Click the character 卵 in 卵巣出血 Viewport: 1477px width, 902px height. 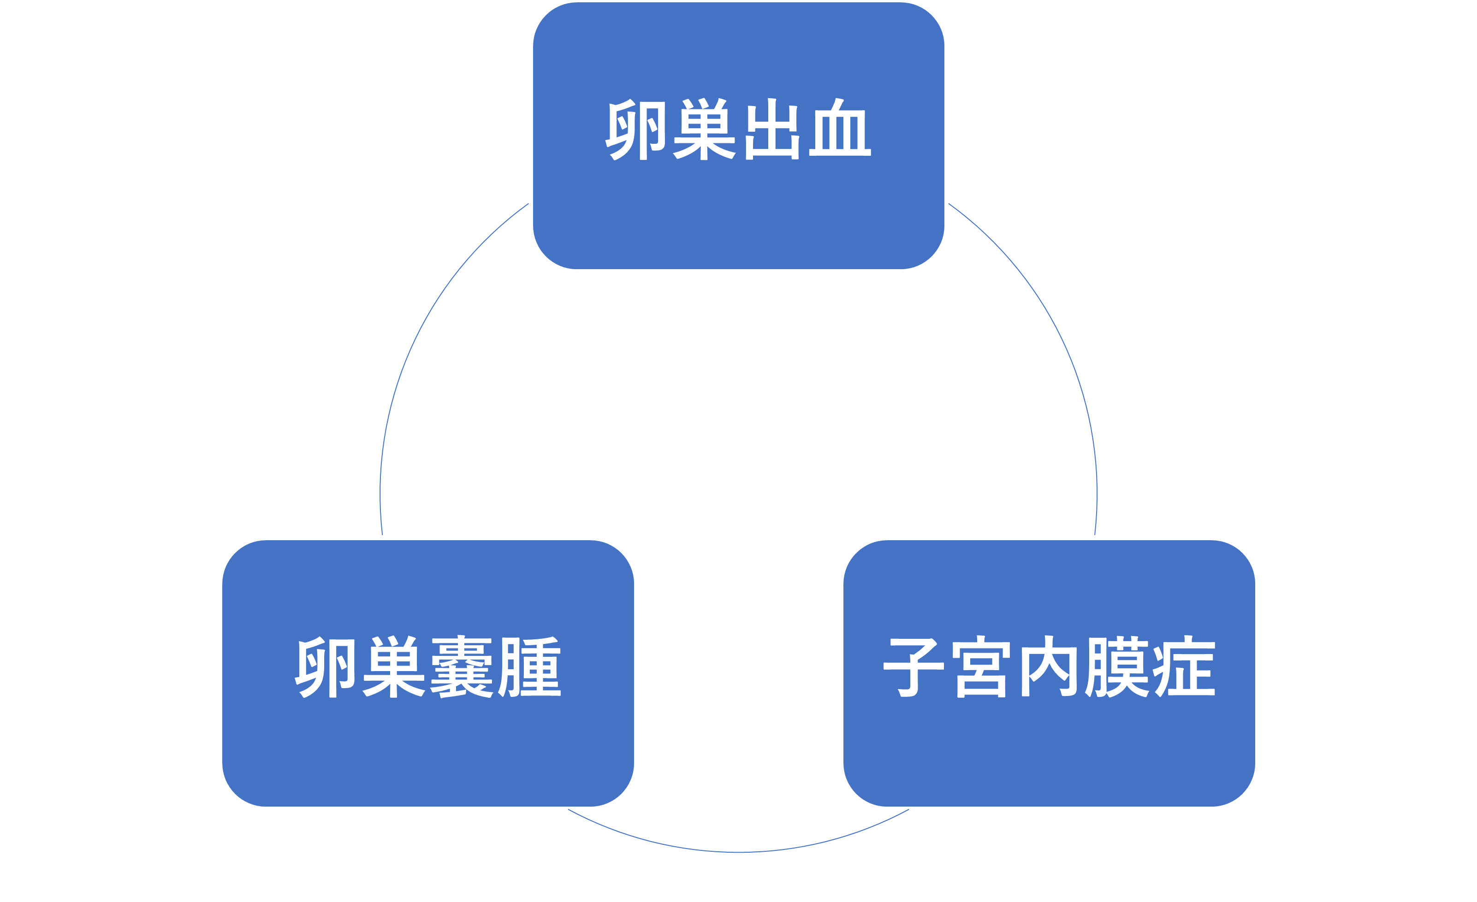(637, 130)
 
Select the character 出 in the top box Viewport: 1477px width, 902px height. (772, 130)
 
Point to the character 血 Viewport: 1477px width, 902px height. (840, 130)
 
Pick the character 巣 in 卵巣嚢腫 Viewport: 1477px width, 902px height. (394, 667)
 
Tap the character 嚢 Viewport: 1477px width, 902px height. (462, 667)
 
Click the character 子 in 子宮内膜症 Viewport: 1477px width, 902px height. (913, 667)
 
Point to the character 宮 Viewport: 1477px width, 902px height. (981, 667)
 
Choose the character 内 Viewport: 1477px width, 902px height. (1049, 667)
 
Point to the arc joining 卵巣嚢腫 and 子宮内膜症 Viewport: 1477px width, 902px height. (739, 852)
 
